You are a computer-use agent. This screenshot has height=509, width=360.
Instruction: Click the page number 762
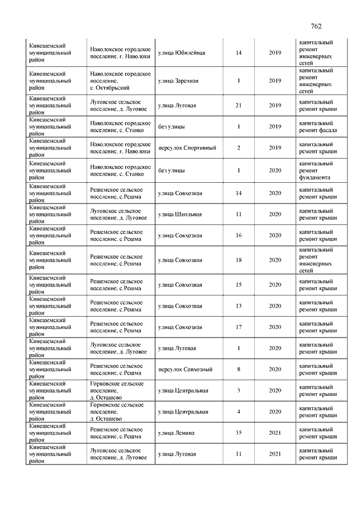[316, 26]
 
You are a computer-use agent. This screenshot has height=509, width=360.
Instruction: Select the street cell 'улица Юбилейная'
[181, 53]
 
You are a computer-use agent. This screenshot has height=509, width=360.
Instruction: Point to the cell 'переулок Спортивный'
[187, 148]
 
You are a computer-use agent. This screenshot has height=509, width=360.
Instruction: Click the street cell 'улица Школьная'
[179, 214]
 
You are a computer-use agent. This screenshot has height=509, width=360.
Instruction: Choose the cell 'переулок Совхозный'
[185, 370]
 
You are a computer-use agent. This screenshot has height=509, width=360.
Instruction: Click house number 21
[238, 105]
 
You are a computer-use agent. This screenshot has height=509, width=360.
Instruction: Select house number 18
[238, 260]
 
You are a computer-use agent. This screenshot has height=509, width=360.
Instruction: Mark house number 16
[238, 236]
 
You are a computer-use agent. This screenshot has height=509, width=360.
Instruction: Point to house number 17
[238, 327]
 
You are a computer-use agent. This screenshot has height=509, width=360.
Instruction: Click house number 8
[238, 370]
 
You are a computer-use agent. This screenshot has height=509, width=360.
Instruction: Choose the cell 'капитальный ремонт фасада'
[318, 127]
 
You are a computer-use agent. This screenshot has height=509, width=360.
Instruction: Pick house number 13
[238, 306]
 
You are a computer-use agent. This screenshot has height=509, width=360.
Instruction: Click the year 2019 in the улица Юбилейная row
[275, 53]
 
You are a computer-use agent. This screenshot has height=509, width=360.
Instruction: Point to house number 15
[238, 285]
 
